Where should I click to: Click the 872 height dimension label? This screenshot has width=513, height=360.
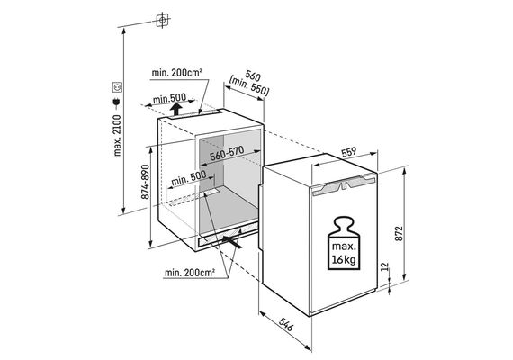(x=399, y=233)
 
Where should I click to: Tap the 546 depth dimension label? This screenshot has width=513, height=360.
(x=286, y=324)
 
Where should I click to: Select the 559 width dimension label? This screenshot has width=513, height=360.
(x=349, y=152)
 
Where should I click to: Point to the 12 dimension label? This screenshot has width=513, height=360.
(x=384, y=266)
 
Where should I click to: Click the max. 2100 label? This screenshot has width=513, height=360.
(x=117, y=135)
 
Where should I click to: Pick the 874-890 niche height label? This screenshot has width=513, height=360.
(x=145, y=182)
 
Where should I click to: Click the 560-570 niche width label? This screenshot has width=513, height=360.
(x=227, y=153)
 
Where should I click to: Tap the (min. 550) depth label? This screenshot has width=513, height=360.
(x=249, y=86)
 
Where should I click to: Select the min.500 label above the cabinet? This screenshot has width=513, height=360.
(x=169, y=98)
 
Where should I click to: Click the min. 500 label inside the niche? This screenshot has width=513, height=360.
(x=189, y=178)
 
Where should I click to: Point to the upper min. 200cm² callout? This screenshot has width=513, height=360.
(x=176, y=72)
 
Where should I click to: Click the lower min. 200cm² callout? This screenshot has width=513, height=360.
(x=190, y=273)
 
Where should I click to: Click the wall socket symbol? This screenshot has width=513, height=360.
(x=117, y=87)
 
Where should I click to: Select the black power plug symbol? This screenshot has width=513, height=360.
(x=117, y=103)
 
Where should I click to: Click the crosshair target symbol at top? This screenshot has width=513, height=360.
(x=162, y=21)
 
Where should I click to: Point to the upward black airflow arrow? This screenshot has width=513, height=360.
(x=176, y=109)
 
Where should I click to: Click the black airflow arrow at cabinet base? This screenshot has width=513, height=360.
(x=232, y=241)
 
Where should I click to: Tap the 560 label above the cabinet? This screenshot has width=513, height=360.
(x=253, y=76)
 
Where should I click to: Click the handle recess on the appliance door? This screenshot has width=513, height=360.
(x=344, y=184)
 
